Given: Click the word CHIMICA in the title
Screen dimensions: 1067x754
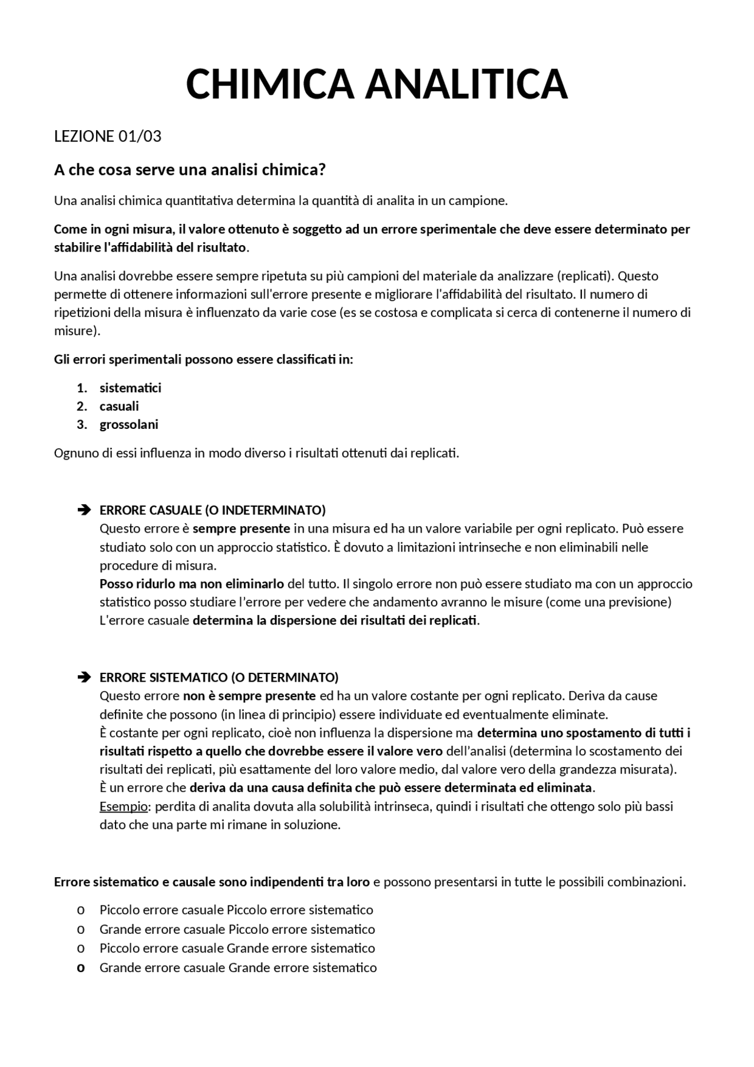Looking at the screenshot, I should (270, 84).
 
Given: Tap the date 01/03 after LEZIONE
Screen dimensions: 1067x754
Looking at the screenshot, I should (140, 136).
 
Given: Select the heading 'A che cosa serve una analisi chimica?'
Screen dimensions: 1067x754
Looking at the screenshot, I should (190, 170).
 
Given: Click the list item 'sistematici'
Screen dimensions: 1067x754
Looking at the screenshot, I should (130, 388).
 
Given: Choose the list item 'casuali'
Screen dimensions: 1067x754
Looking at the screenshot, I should (119, 406).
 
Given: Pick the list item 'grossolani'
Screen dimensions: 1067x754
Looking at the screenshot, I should (128, 424).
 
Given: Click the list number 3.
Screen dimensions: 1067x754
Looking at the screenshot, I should (81, 424).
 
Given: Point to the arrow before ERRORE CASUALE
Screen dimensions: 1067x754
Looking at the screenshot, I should (84, 510).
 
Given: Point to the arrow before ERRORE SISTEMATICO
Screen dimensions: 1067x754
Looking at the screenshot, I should (84, 677).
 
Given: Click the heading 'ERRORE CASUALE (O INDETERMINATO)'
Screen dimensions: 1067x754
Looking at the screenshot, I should (212, 510).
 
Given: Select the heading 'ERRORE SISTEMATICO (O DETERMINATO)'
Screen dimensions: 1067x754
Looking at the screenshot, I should (219, 677).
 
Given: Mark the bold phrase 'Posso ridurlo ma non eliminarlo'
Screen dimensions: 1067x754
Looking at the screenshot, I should (191, 584).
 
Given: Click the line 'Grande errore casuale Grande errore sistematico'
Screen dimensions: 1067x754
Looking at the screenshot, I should (238, 967).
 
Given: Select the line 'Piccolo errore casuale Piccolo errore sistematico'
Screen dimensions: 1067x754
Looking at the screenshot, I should (236, 910).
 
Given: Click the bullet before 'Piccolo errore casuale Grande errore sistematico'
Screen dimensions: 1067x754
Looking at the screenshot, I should (81, 949).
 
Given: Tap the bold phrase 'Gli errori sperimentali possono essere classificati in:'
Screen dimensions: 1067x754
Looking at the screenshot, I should (203, 359).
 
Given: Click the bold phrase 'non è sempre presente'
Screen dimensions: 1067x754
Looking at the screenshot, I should (249, 696).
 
